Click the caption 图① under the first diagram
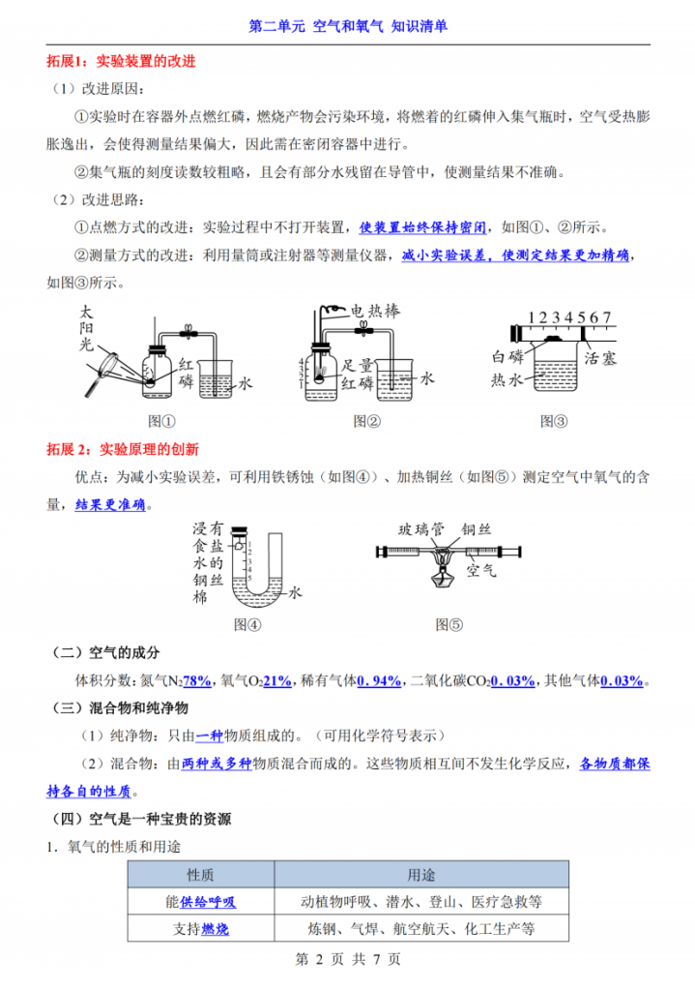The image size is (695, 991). coord(161,421)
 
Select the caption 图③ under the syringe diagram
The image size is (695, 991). coord(554,421)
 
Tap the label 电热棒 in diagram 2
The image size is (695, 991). coord(375,312)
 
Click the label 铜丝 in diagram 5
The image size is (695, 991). coord(476,528)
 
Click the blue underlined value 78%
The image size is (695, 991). coord(197,681)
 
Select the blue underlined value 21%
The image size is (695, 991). coord(277,681)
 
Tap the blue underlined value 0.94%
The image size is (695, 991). coord(379,681)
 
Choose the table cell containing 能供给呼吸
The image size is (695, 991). coord(200,902)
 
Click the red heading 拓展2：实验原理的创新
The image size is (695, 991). coord(123,449)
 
